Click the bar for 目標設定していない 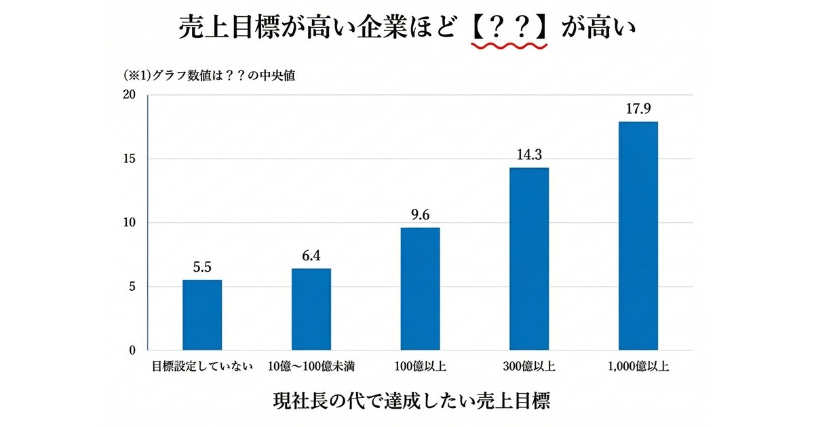point(202,315)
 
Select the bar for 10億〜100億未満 point(311,310)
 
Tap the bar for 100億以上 point(420,289)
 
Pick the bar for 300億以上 point(529,259)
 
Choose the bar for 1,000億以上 point(638,236)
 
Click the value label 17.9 point(638,108)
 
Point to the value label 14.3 point(529,155)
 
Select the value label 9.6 point(420,215)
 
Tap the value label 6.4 point(311,256)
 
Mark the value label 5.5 point(202,267)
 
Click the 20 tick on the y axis point(130,95)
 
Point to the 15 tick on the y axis point(130,159)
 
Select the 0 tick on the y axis point(133,350)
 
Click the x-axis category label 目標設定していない point(202,367)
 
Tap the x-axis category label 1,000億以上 point(638,367)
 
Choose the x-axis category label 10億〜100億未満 point(311,367)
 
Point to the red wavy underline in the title point(509,46)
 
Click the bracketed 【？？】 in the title point(509,27)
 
